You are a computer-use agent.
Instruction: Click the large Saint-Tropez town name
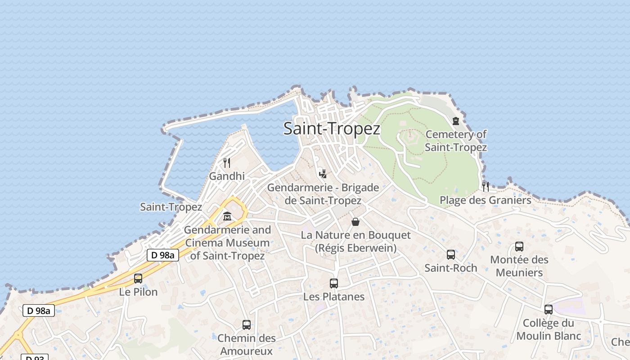pyautogui.click(x=332, y=129)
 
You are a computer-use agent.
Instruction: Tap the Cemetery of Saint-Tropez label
pyautogui.click(x=456, y=140)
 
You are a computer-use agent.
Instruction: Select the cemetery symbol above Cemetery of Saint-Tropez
pyautogui.click(x=456, y=121)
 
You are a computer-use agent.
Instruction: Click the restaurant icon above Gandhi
pyautogui.click(x=227, y=162)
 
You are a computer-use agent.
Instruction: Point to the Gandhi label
pyautogui.click(x=227, y=176)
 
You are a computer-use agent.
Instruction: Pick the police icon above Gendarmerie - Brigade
pyautogui.click(x=323, y=174)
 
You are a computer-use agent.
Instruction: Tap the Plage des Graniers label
pyautogui.click(x=485, y=200)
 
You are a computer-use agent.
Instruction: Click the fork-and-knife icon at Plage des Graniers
pyautogui.click(x=485, y=186)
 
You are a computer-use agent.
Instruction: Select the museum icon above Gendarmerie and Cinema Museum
pyautogui.click(x=227, y=216)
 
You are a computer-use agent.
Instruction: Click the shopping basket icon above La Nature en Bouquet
pyautogui.click(x=355, y=222)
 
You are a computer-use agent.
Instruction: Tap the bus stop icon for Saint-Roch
pyautogui.click(x=451, y=255)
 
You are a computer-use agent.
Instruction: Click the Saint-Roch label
pyautogui.click(x=451, y=268)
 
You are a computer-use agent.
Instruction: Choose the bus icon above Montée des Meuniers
pyautogui.click(x=519, y=247)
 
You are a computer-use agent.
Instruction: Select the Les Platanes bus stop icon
pyautogui.click(x=333, y=283)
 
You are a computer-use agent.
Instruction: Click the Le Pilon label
pyautogui.click(x=138, y=292)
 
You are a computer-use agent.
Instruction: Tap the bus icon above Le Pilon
pyautogui.click(x=138, y=279)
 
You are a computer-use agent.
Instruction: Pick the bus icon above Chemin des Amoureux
pyautogui.click(x=246, y=325)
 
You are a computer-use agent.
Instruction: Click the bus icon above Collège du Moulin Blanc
pyautogui.click(x=548, y=310)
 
